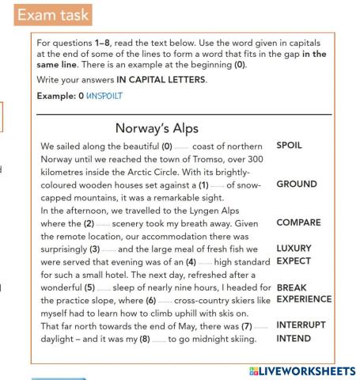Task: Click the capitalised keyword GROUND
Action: [x=297, y=184]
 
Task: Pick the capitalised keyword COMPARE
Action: [x=300, y=223]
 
